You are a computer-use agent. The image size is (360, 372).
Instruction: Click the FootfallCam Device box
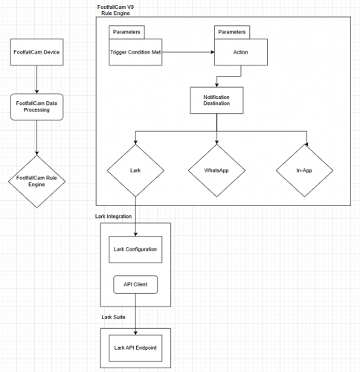[x=36, y=52]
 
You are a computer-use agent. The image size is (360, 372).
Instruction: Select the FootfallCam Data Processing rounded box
[x=36, y=107]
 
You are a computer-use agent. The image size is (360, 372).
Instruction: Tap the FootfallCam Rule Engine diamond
[x=36, y=182]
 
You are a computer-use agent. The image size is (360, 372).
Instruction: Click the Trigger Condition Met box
[x=135, y=52]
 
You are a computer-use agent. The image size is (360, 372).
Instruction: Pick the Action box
[x=241, y=52]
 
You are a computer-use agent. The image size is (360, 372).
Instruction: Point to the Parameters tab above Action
[x=232, y=32]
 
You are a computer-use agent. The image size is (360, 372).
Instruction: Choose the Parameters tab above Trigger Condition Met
[x=126, y=32]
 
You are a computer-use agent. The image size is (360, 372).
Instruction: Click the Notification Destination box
[x=216, y=100]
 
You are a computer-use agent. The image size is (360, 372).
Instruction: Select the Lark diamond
[x=135, y=170]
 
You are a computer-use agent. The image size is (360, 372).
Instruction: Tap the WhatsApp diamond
[x=216, y=170]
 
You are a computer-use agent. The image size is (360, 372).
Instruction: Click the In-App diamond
[x=304, y=170]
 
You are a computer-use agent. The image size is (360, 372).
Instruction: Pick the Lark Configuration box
[x=135, y=249]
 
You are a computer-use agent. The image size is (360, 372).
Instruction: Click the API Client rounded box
[x=135, y=284]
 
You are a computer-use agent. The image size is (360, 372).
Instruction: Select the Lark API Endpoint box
[x=135, y=348]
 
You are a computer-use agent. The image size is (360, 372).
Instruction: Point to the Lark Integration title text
[x=113, y=217]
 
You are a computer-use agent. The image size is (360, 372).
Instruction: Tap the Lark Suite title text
[x=113, y=317]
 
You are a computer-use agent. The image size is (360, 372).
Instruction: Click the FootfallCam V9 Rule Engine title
[x=115, y=10]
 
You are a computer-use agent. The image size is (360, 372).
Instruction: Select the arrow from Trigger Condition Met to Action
[x=188, y=52]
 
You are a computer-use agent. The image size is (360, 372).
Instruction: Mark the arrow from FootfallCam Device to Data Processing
[x=36, y=80]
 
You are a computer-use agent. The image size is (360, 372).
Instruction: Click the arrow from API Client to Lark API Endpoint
[x=135, y=314]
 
